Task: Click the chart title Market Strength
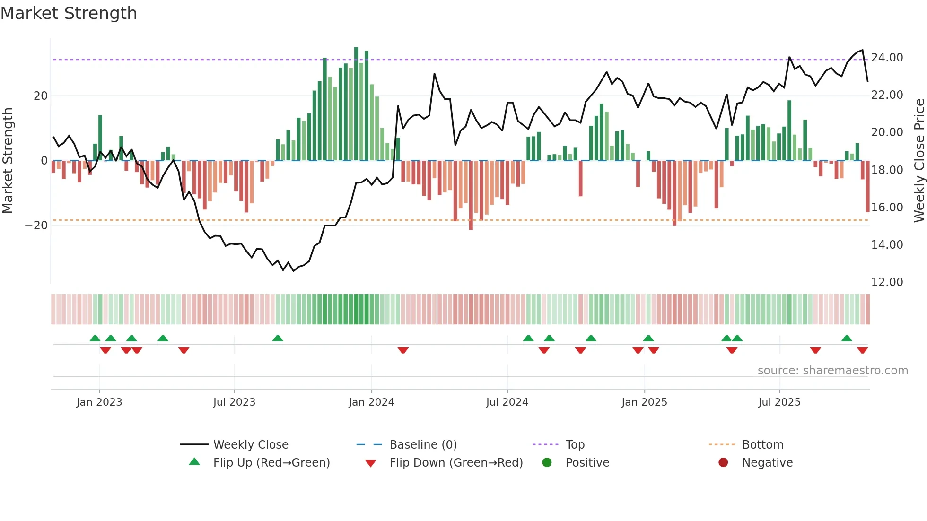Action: (x=69, y=13)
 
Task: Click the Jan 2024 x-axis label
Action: (x=371, y=402)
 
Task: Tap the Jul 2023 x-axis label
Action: (x=234, y=402)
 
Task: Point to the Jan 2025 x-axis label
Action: (x=644, y=402)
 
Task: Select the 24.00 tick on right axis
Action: (x=887, y=58)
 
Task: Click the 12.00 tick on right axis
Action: (x=887, y=282)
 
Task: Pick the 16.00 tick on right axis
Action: (x=887, y=208)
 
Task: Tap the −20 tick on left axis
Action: (x=36, y=226)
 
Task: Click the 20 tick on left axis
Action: (x=41, y=96)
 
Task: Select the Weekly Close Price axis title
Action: (x=919, y=160)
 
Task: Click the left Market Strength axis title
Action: (x=8, y=160)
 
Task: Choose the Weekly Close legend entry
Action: (x=250, y=445)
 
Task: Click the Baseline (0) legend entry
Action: (x=423, y=445)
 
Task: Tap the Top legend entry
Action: (x=575, y=445)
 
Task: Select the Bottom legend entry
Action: (x=762, y=445)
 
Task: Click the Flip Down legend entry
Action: (x=455, y=463)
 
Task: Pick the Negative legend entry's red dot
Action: (x=723, y=463)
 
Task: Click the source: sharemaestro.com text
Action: (x=832, y=371)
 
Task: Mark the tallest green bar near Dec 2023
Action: (x=356, y=104)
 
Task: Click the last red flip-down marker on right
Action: (x=862, y=350)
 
